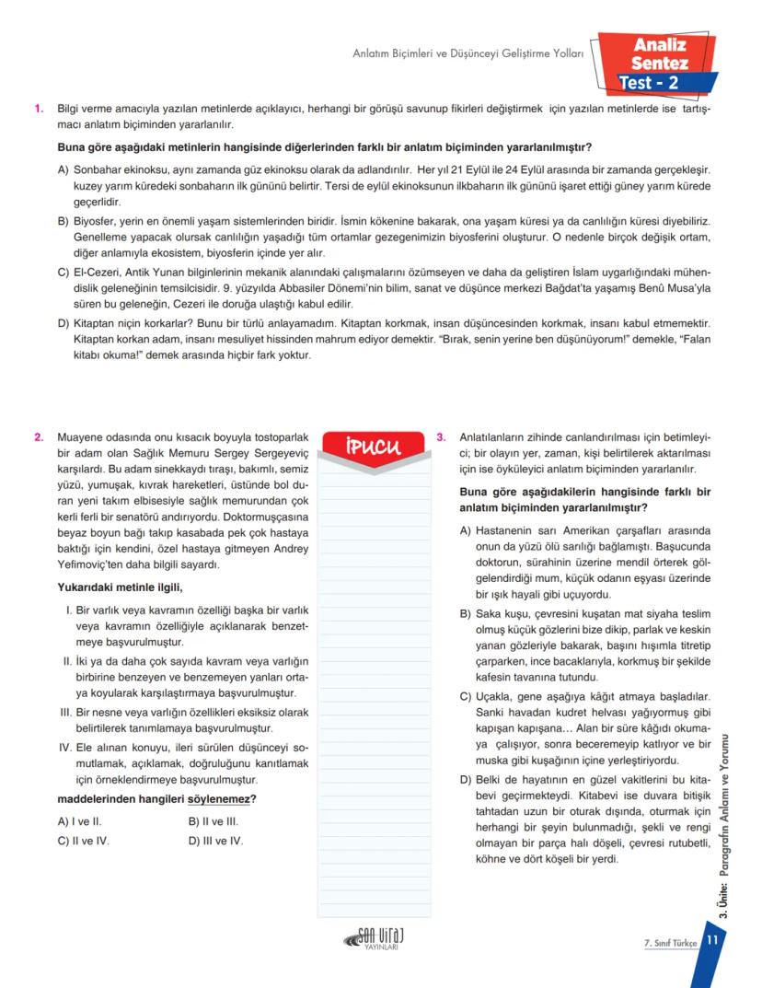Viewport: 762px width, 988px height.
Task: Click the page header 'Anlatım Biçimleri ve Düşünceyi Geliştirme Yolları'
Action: [x=468, y=54]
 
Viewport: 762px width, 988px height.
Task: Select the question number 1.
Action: [x=39, y=109]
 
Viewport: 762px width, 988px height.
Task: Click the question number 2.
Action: [x=39, y=437]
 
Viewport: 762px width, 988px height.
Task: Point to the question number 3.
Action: [x=441, y=437]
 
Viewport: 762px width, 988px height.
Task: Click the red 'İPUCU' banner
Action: [x=374, y=449]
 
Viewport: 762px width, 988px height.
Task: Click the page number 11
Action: [x=711, y=940]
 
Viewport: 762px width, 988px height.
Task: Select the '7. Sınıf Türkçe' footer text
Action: [x=671, y=941]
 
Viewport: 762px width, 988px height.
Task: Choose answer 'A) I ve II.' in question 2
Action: [x=81, y=821]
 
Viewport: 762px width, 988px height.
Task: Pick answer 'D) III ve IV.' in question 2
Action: [x=215, y=840]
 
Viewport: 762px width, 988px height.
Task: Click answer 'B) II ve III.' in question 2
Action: [x=214, y=821]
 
